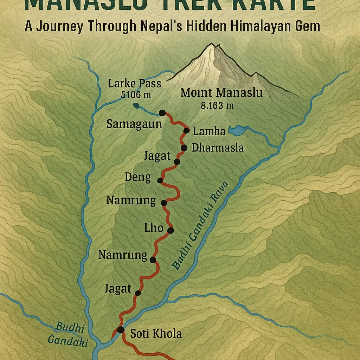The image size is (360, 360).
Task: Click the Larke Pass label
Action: pos(135,84)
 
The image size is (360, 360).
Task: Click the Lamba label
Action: pos(209,131)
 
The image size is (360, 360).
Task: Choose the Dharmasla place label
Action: pos(218,148)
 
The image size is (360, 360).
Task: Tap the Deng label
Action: pos(138,177)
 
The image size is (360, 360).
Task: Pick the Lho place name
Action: pos(154,228)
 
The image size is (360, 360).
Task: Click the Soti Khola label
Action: pos(156,333)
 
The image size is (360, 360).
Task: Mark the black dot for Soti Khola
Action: pos(121,330)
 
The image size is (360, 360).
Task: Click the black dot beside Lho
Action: pos(171,231)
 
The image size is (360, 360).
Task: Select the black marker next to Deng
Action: pos(160,180)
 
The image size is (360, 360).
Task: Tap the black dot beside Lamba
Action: pos(186,131)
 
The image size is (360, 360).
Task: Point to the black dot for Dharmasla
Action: pos(183,148)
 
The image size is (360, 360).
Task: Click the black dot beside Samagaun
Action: pos(162,112)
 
